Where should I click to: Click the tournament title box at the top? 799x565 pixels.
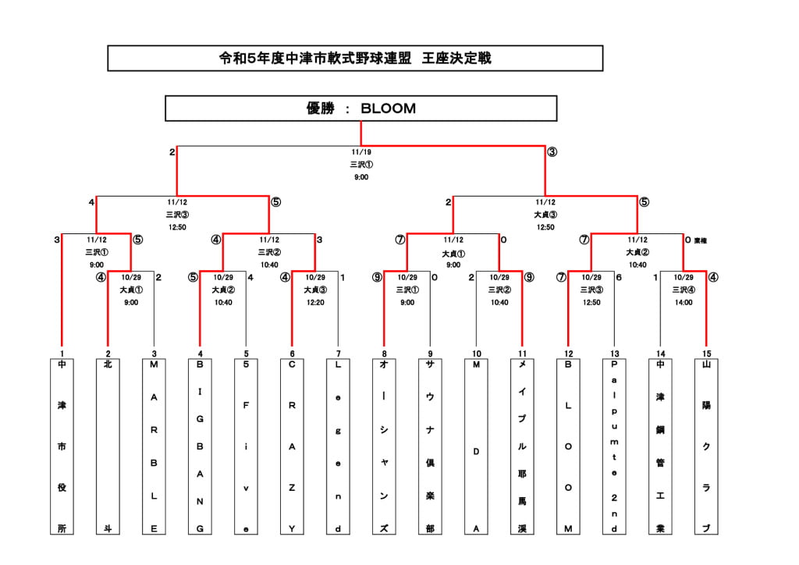point(355,59)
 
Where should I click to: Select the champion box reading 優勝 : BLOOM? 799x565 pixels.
point(360,108)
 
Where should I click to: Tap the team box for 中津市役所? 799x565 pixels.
point(62,446)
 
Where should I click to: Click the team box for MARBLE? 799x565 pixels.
point(154,446)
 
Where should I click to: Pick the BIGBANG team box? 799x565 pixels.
point(200,446)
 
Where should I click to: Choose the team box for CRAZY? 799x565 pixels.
point(292,446)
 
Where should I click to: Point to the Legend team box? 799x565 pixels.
point(338,446)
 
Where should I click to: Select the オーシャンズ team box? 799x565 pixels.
point(384,446)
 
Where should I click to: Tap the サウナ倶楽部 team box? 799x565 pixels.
point(430,446)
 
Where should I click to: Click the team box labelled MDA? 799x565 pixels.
point(476,446)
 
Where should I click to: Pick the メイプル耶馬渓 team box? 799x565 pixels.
point(522,446)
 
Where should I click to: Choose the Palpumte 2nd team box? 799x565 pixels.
point(614,446)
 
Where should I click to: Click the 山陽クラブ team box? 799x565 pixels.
point(706,446)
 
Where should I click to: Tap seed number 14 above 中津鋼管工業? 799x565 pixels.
point(660,354)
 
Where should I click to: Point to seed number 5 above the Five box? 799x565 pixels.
point(246,354)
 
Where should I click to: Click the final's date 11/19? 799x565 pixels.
point(360,152)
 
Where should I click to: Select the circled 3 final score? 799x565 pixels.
point(552,152)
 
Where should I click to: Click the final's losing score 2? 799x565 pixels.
point(172,152)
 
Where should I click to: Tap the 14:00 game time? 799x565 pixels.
point(684,302)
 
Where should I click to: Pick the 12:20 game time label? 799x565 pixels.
point(315,302)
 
